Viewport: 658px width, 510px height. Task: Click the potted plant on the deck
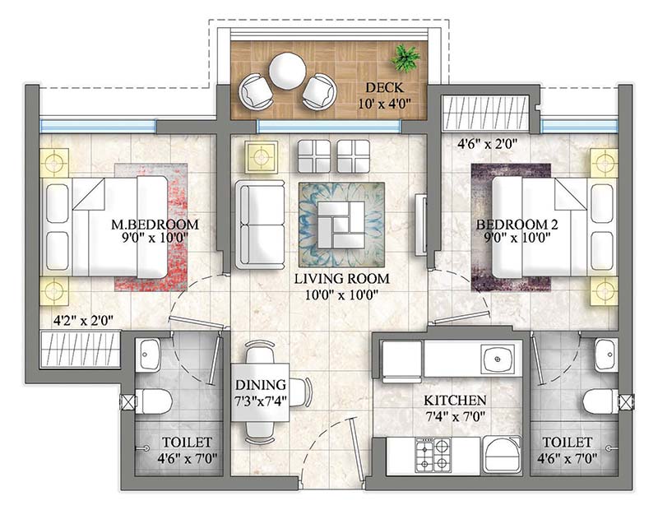pyautogui.click(x=405, y=58)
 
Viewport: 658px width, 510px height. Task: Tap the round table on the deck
pyautogui.click(x=287, y=71)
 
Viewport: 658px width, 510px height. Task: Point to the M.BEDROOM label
pyautogui.click(x=155, y=225)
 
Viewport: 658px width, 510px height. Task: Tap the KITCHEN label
pyautogui.click(x=455, y=401)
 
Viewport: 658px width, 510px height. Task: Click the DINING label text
pyautogui.click(x=260, y=384)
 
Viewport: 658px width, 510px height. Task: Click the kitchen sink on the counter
pyautogui.click(x=497, y=359)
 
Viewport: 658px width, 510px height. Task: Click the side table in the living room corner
pyautogui.click(x=262, y=155)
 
